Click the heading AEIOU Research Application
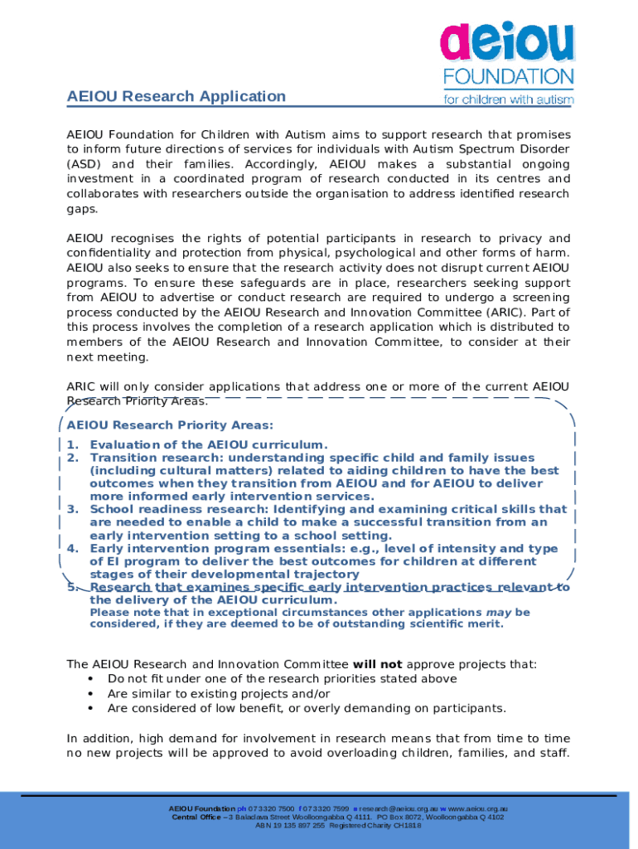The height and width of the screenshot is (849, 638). click(x=176, y=96)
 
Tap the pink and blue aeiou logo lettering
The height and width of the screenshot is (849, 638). click(x=506, y=44)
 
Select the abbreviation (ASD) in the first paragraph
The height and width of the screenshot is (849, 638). click(x=84, y=164)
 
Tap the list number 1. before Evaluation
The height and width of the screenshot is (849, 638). click(x=73, y=444)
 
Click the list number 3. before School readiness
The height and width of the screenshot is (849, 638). click(x=73, y=509)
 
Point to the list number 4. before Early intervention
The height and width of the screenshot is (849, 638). click(x=73, y=548)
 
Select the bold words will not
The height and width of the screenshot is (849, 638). click(x=377, y=664)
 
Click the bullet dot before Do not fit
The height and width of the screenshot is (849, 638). click(x=89, y=679)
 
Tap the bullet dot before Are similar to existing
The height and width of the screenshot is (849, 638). click(x=89, y=694)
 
